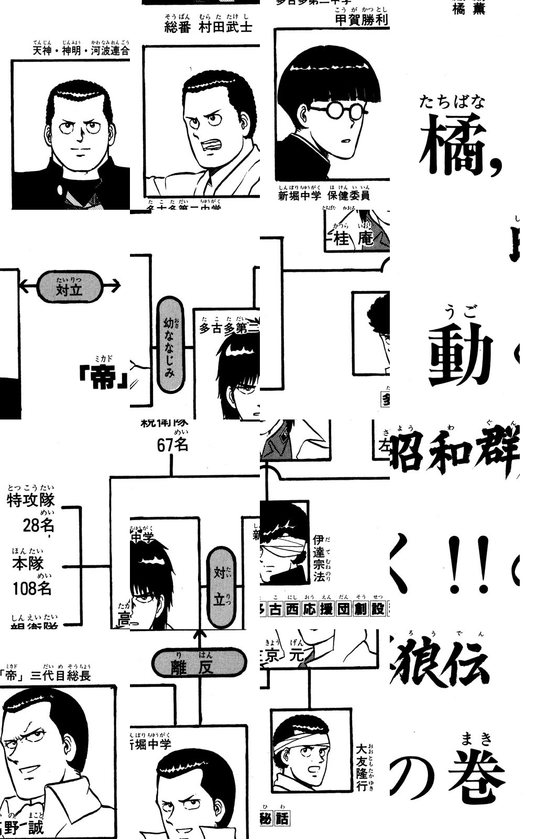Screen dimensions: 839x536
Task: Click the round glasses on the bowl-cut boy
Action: click(x=338, y=111)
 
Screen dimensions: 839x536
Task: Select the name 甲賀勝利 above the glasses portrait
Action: click(x=361, y=19)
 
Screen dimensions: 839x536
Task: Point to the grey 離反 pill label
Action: click(x=199, y=662)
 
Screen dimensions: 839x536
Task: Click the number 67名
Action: click(x=172, y=445)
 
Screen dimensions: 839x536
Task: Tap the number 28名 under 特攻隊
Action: click(x=38, y=525)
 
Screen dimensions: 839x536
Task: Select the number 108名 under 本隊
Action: click(x=32, y=588)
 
